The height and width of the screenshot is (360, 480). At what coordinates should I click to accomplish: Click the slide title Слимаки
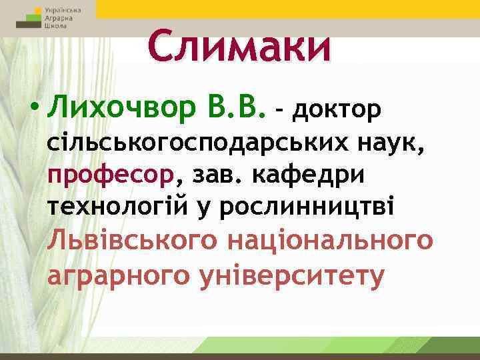click(239, 47)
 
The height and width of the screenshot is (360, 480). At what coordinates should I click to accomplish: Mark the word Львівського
click(131, 241)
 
